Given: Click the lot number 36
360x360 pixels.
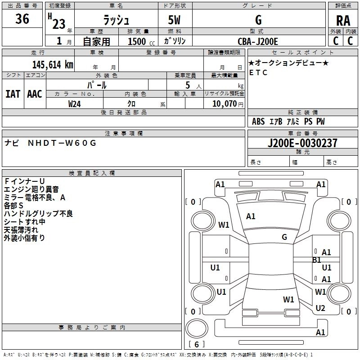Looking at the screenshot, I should click(x=22, y=19).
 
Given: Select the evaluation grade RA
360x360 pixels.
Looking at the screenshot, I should click(x=343, y=21).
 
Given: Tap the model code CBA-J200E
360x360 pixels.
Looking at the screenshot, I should click(x=258, y=41).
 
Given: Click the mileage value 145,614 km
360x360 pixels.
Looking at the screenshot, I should click(x=53, y=64).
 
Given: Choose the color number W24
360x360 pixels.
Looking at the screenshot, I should click(x=75, y=103).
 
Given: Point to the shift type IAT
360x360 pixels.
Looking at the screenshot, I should click(x=13, y=94).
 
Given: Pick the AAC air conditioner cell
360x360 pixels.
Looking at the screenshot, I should click(x=35, y=94).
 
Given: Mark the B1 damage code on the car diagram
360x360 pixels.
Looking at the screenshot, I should click(x=317, y=260).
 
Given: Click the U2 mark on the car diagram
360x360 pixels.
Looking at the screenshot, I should click(x=320, y=308).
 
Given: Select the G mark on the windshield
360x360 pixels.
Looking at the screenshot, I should click(x=284, y=237).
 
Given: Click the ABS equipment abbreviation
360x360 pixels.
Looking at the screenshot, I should click(x=258, y=121).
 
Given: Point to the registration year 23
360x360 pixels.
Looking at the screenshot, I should click(x=58, y=23).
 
